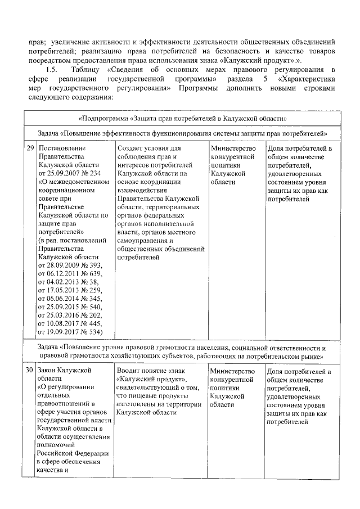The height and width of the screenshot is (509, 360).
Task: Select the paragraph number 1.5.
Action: point(51,69)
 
